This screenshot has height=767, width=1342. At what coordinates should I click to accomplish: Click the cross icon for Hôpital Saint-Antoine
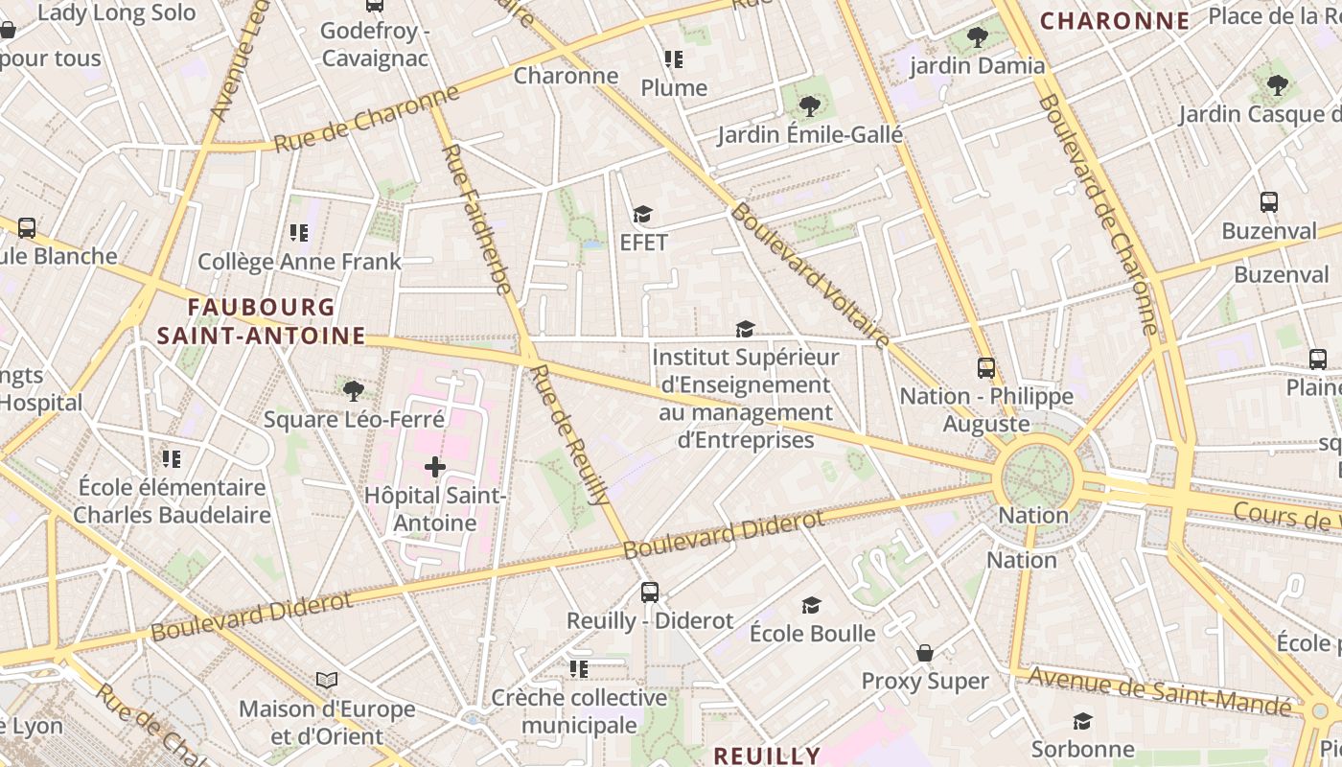coord(435,467)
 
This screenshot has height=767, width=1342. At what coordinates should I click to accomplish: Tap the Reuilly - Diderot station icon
coord(650,592)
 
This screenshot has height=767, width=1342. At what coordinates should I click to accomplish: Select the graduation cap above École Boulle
coord(811,605)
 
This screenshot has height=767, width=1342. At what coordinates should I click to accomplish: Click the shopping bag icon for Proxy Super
coord(925,653)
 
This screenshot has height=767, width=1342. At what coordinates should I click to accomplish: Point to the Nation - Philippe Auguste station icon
coord(985,367)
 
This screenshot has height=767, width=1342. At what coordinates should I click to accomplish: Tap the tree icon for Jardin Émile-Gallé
coord(810,105)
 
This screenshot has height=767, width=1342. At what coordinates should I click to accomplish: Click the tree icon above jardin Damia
coord(977,37)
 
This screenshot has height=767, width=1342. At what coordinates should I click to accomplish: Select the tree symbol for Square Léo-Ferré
coord(354,390)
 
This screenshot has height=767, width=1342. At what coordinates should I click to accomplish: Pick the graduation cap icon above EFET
coord(642,214)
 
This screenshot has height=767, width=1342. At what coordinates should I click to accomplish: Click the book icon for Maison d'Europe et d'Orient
coord(327,680)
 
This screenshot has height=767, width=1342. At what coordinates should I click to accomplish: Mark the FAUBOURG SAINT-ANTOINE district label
coord(261,321)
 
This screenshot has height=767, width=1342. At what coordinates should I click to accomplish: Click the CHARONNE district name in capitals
coord(1115,20)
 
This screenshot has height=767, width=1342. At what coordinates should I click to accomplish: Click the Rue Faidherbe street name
coord(475,220)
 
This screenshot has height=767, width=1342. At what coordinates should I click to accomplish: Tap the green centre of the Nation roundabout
coord(1037,476)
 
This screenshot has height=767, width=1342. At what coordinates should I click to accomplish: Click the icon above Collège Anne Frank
coord(298,233)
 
